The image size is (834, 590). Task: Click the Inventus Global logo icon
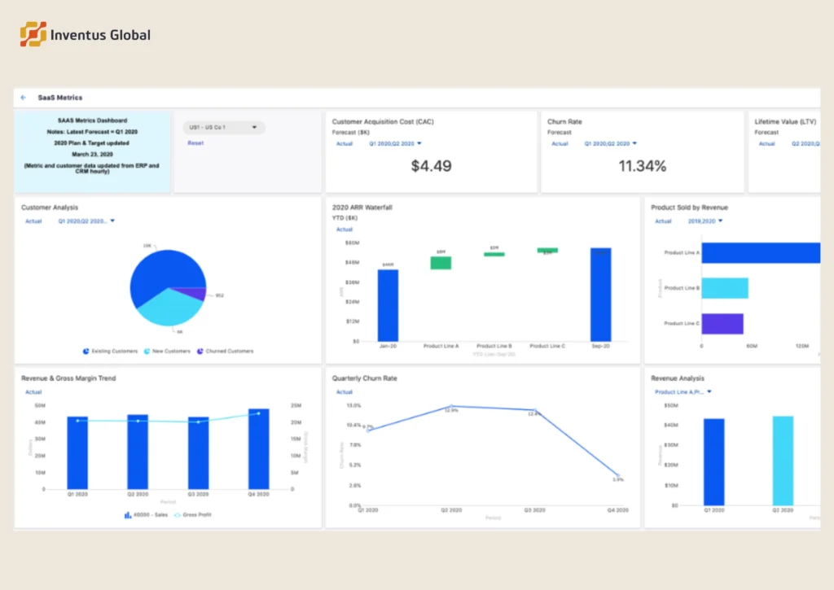click(33, 34)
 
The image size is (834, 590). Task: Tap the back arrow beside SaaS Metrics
click(24, 98)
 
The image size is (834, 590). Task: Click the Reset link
click(195, 143)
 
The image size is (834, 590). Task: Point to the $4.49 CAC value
click(431, 166)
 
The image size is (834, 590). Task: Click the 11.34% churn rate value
click(642, 166)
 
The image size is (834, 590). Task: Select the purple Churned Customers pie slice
click(196, 294)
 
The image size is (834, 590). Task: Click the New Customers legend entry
click(167, 352)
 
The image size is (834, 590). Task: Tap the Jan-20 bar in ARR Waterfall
click(388, 305)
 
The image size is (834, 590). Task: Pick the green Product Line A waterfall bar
click(441, 263)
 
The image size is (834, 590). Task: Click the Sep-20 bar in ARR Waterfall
click(600, 295)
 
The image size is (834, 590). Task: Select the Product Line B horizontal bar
click(724, 288)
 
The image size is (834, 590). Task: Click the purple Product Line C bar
click(722, 324)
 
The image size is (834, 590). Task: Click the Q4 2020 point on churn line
click(617, 475)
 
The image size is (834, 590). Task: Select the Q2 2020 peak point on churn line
click(451, 406)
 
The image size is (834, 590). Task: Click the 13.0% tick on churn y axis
click(354, 405)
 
